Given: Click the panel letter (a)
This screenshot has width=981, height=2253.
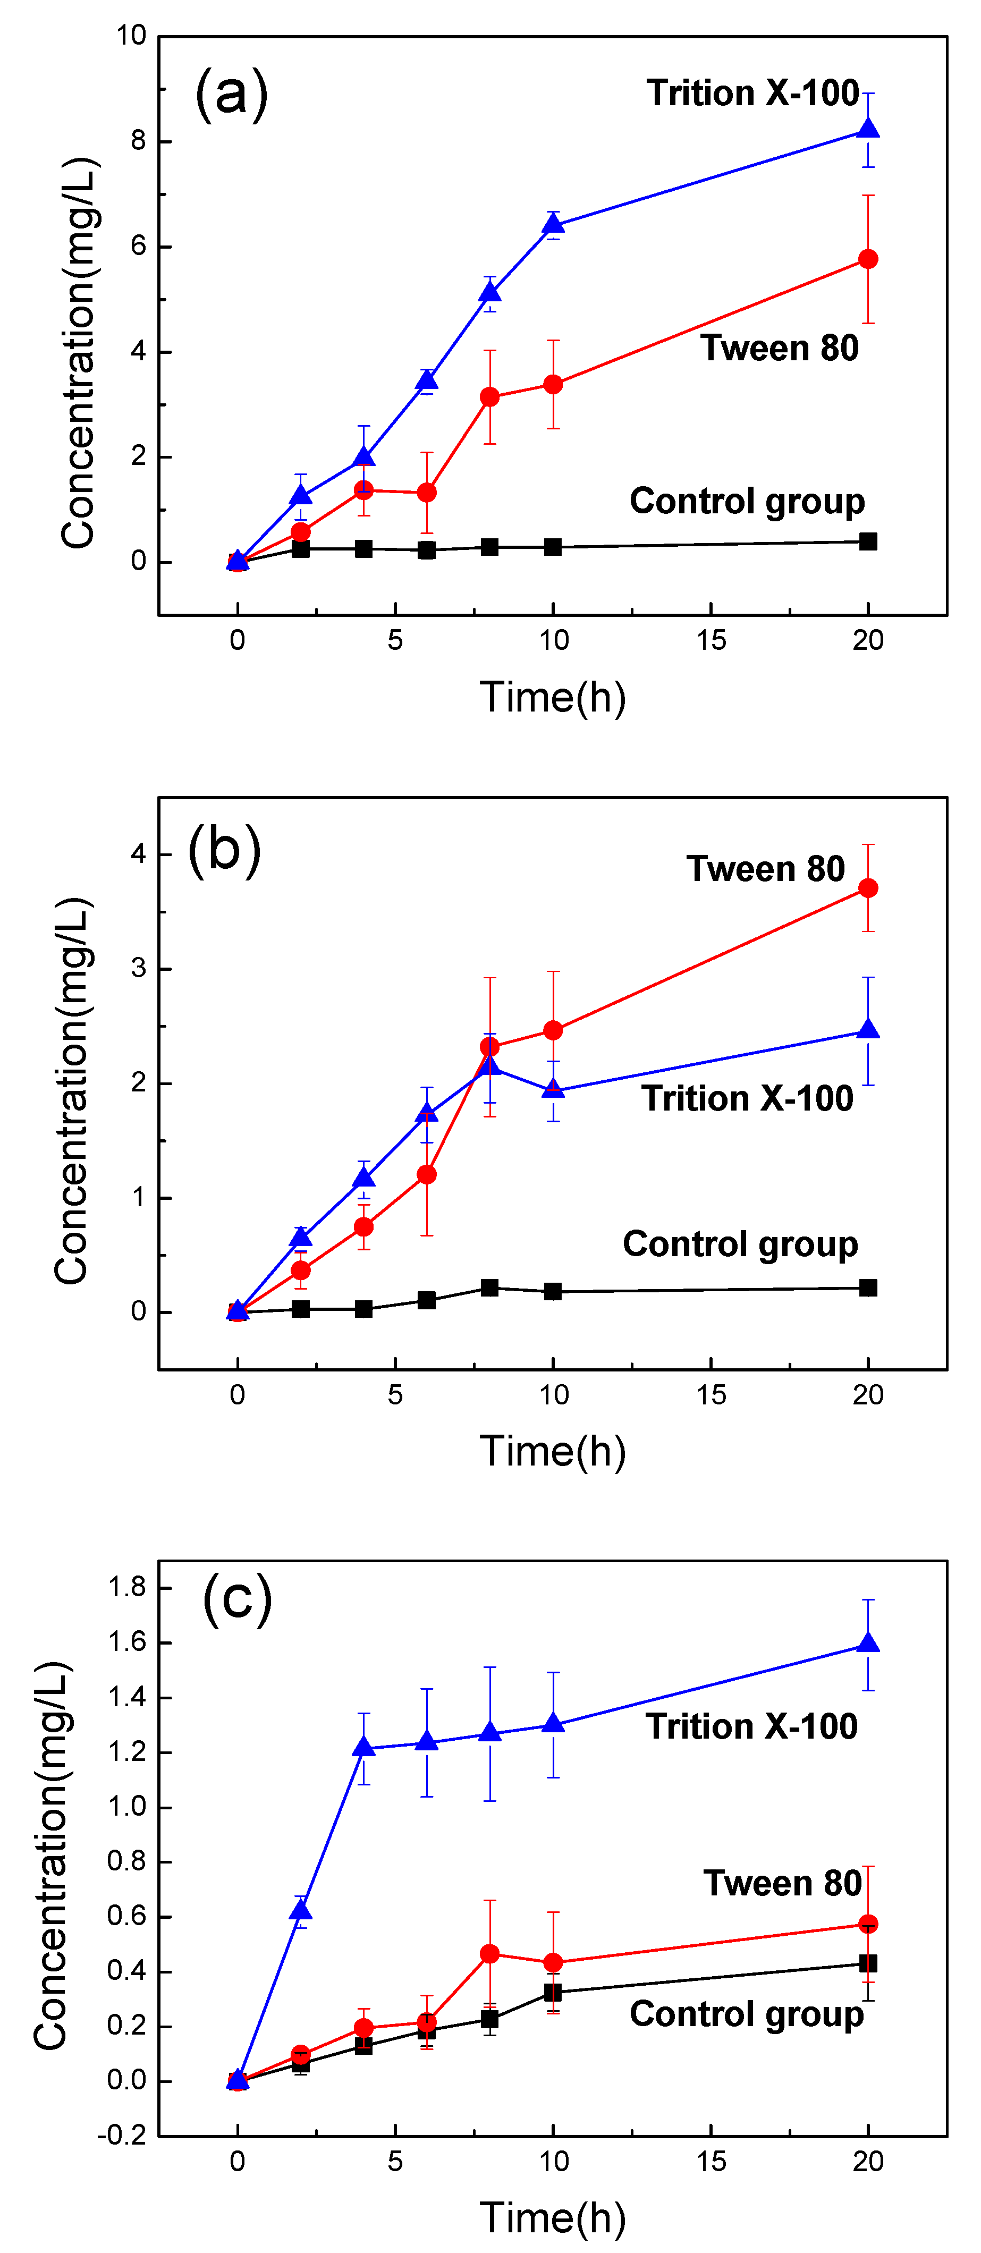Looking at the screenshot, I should point(231,94).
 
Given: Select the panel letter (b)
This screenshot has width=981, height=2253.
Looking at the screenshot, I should point(225,850).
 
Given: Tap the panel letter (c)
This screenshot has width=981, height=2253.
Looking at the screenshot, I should point(237,1598).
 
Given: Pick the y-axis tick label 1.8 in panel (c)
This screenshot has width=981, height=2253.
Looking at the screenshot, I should point(127,1587).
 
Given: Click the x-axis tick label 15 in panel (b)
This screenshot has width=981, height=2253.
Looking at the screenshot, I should point(711,1395).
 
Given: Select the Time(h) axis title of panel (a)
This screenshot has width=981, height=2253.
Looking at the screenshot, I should point(553,698).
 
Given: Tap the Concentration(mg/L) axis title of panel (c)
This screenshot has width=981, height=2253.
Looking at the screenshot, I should point(50,1856).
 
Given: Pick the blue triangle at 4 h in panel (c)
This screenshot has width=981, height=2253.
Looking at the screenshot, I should point(363,1748).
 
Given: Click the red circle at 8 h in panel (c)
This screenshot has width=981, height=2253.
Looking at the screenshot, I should point(489,1954).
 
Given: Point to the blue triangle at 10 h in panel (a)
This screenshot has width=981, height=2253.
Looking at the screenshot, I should point(553,225).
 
